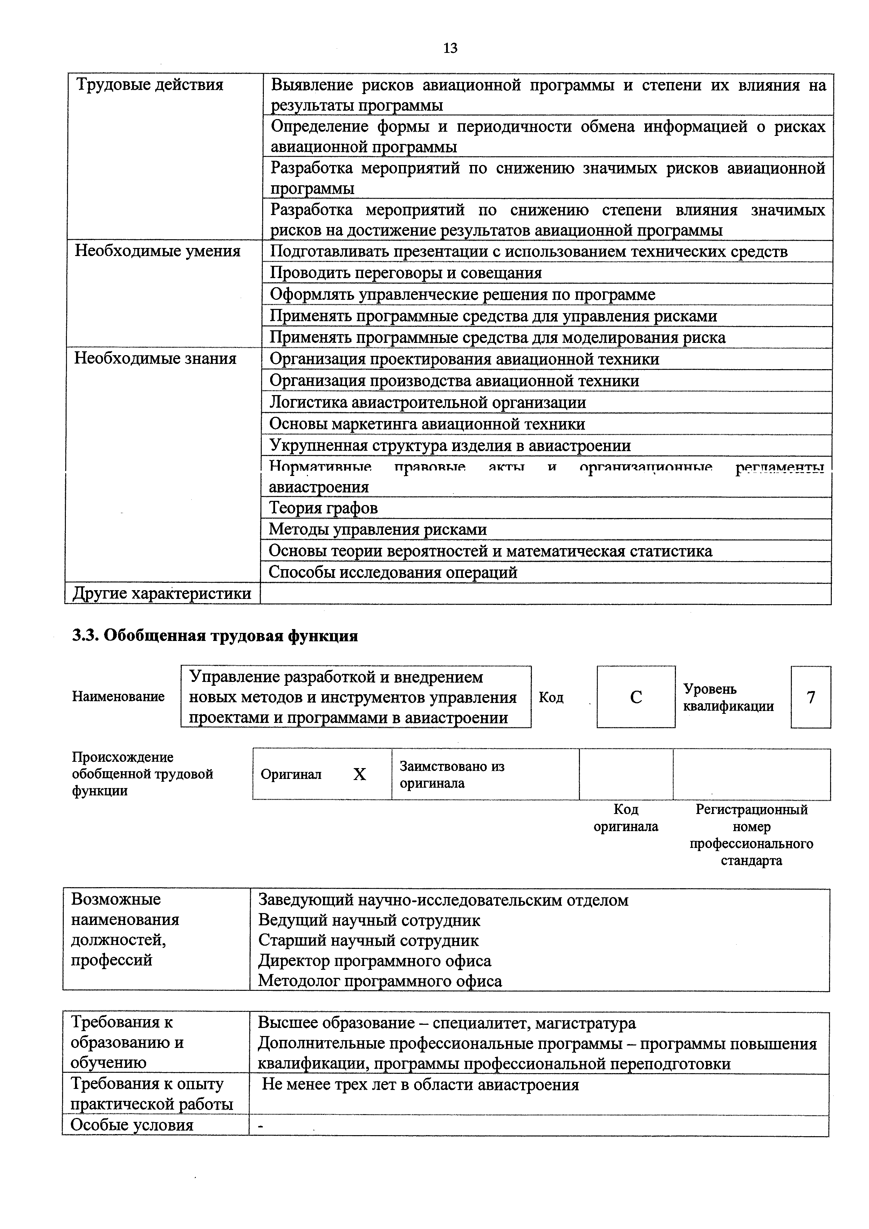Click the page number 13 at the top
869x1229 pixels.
[x=450, y=49]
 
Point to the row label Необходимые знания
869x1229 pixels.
[x=155, y=358]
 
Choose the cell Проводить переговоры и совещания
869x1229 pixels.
[x=405, y=273]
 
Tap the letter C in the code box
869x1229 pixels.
[x=636, y=697]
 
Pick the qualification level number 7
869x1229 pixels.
[x=810, y=697]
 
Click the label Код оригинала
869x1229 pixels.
[x=625, y=818]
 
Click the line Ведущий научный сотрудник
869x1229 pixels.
[x=369, y=920]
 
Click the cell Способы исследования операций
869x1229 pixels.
[x=392, y=572]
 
